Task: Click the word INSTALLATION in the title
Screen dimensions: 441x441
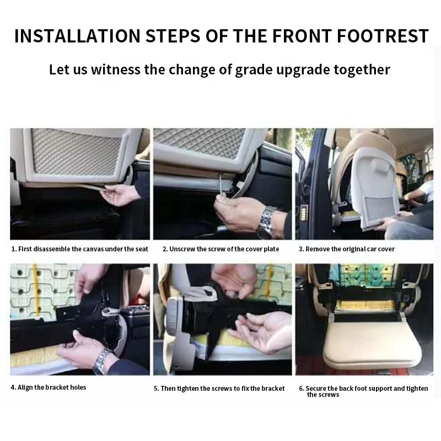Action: (77, 36)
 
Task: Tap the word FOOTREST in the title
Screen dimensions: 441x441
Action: (383, 36)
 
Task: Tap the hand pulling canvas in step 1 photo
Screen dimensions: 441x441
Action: (120, 194)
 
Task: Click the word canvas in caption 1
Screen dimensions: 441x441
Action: (93, 249)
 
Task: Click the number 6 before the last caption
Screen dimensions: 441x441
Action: (301, 389)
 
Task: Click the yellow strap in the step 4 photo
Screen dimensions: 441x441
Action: (35, 290)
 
